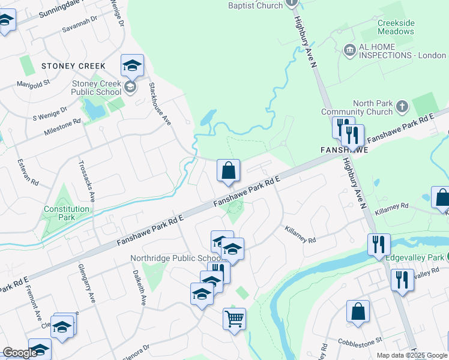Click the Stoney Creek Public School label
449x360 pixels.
click(x=96, y=88)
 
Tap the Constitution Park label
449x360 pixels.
click(x=66, y=213)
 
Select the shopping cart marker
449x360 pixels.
click(x=234, y=318)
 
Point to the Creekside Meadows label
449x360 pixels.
click(x=396, y=27)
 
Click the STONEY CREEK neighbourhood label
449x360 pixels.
click(x=73, y=66)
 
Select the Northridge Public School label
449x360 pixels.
click(x=170, y=259)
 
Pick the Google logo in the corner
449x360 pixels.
click(x=20, y=353)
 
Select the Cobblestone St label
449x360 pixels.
click(x=362, y=340)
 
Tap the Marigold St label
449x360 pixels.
click(x=32, y=84)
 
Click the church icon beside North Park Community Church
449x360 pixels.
click(x=403, y=107)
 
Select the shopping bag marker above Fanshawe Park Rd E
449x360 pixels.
click(x=228, y=171)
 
